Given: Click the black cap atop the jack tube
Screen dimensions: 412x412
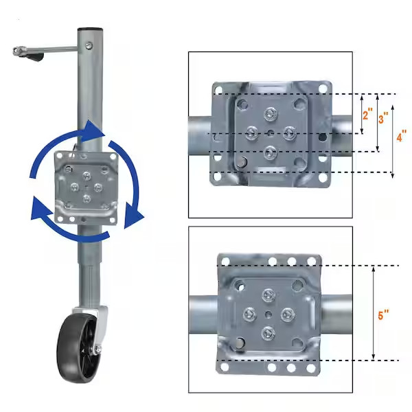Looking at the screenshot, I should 88,31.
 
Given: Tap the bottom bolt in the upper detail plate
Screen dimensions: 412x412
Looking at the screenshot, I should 270,151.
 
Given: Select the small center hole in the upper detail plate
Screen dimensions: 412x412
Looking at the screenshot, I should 271,133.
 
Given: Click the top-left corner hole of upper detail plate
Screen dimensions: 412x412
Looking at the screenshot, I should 218,90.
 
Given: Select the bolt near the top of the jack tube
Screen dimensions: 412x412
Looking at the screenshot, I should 89,47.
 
